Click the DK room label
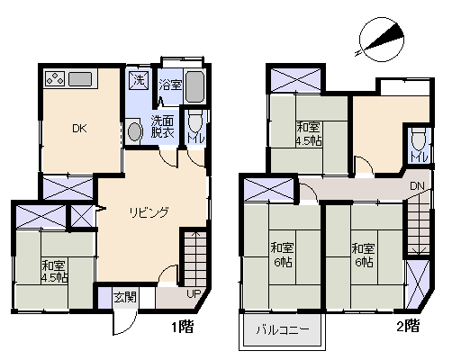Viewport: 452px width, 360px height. pyautogui.click(x=79, y=129)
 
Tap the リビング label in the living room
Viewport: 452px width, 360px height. pyautogui.click(x=149, y=212)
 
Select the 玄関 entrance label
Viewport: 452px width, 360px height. pyautogui.click(x=125, y=298)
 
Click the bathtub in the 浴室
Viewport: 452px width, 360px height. pyautogui.click(x=194, y=86)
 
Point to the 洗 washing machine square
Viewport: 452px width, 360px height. pyautogui.click(x=139, y=80)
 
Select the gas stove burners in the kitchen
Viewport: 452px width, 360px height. pyautogui.click(x=55, y=78)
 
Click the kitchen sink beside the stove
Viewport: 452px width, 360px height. pyautogui.click(x=80, y=79)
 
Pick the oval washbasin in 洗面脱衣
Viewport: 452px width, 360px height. pyautogui.click(x=134, y=131)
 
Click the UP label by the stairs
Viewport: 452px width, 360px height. pyautogui.click(x=194, y=294)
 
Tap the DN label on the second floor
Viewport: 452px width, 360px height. pyautogui.click(x=417, y=186)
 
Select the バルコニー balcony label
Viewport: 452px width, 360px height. pyautogui.click(x=283, y=330)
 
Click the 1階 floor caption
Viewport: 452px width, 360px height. pyautogui.click(x=182, y=327)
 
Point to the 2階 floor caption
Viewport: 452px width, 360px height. pyautogui.click(x=408, y=326)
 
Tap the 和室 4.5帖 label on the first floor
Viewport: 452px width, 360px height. pyautogui.click(x=54, y=272)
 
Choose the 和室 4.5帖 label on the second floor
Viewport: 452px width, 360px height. pyautogui.click(x=309, y=134)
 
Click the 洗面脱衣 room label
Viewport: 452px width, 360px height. pyautogui.click(x=162, y=127)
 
